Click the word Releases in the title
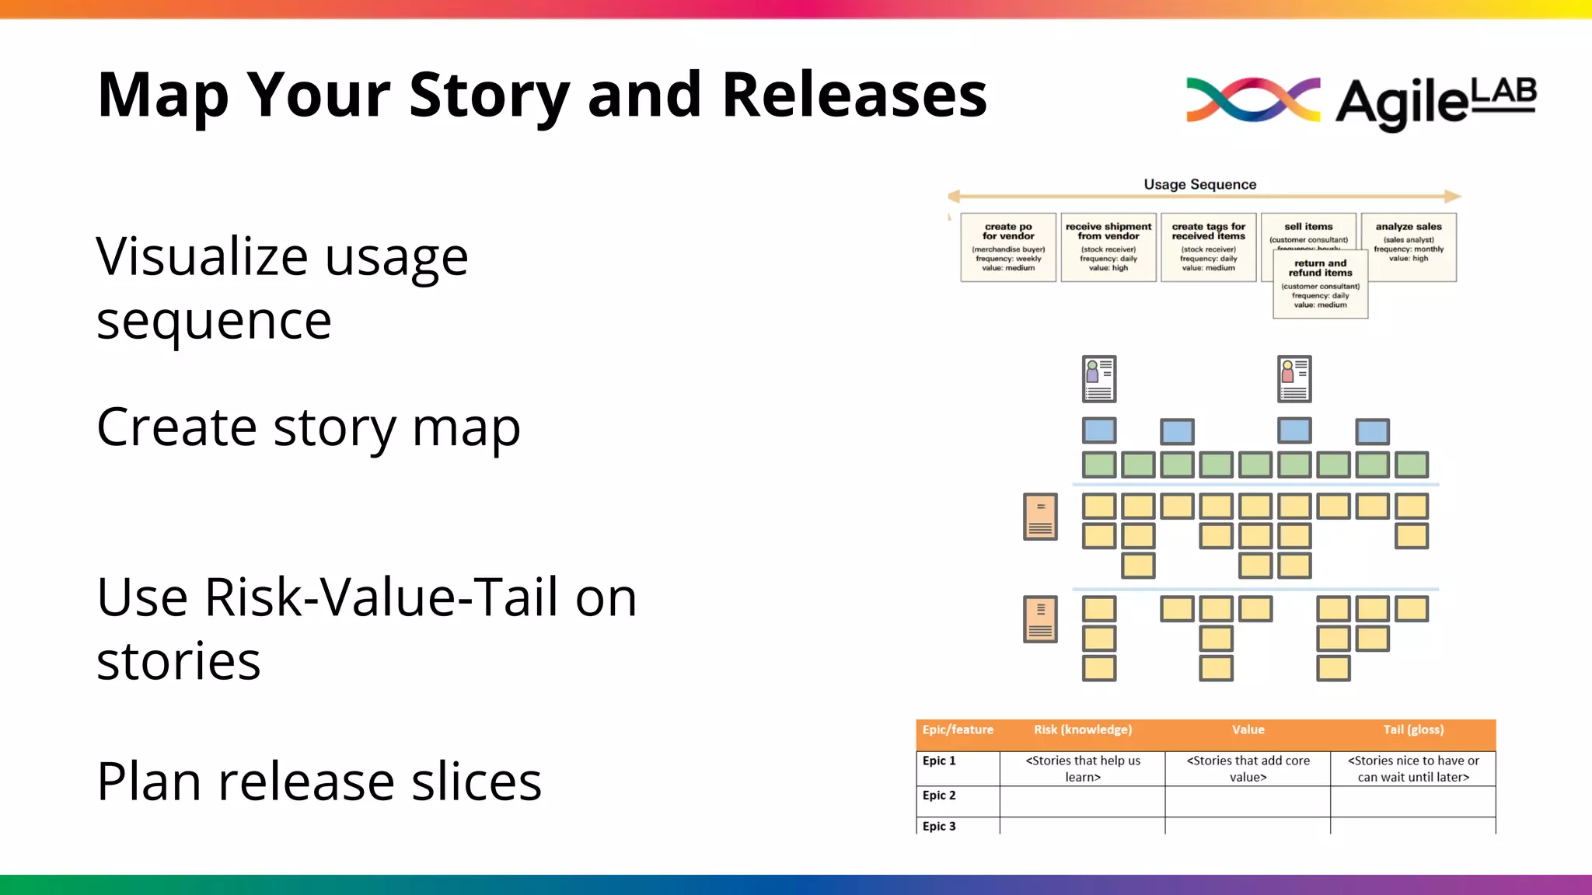tap(854, 95)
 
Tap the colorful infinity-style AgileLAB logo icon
tap(1252, 99)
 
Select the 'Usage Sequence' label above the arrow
tap(1199, 184)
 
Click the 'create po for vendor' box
tap(1008, 247)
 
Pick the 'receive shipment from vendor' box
tap(1108, 247)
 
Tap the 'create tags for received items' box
tap(1208, 247)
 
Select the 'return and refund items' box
tap(1320, 284)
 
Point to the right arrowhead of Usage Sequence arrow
tap(1453, 197)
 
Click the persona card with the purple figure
tap(1099, 379)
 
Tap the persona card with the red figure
tap(1294, 379)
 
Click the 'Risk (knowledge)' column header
tap(1082, 730)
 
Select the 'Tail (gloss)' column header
tap(1412, 730)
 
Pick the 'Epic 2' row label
tap(939, 796)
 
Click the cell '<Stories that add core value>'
tap(1248, 768)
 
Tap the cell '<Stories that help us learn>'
tap(1082, 768)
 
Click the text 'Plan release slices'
tap(319, 782)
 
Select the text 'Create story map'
tap(308, 427)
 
